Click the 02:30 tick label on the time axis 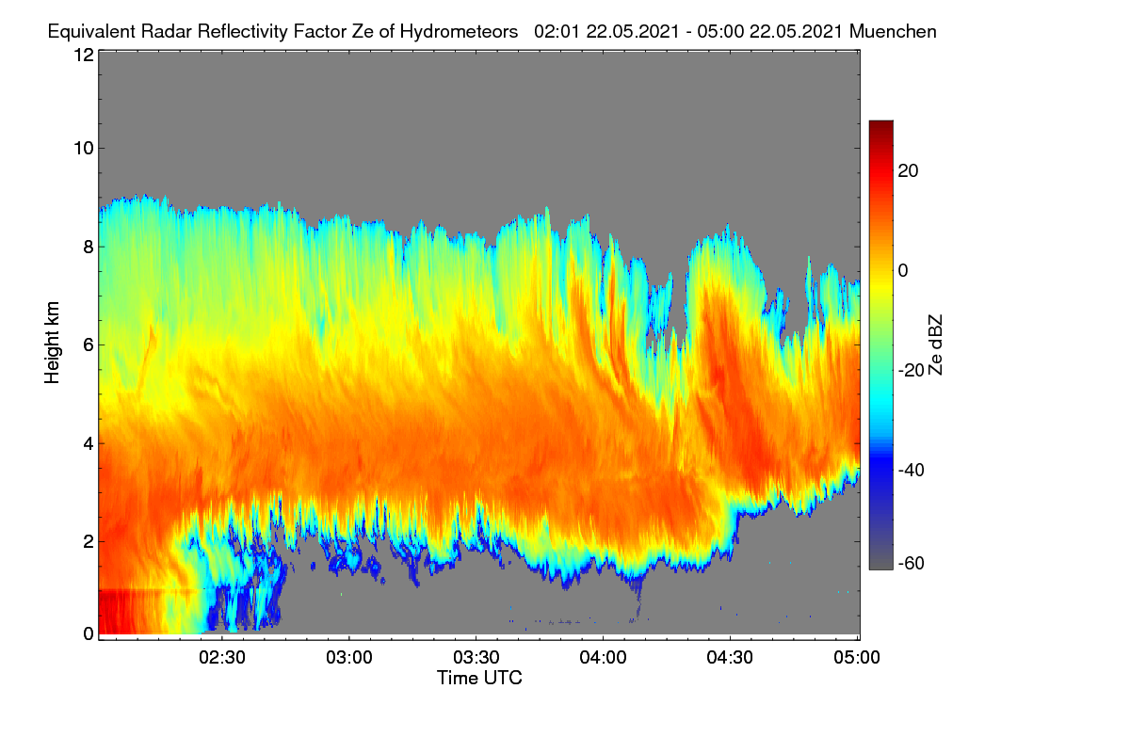click(x=222, y=658)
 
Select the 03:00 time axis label click(x=349, y=658)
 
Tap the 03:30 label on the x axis click(x=476, y=658)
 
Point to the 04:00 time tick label click(x=603, y=658)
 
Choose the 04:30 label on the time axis click(x=730, y=658)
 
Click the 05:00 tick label click(x=857, y=658)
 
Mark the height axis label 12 click(x=84, y=55)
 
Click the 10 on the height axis click(x=84, y=149)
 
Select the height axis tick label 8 click(x=89, y=248)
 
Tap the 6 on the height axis click(x=89, y=345)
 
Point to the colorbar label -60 click(x=912, y=564)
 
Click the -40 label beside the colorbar click(x=912, y=470)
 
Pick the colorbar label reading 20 click(x=908, y=171)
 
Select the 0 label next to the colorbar click(x=903, y=271)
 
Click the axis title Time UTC click(x=479, y=678)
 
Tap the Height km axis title click(x=52, y=343)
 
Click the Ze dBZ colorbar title click(x=935, y=345)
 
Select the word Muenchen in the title click(x=893, y=32)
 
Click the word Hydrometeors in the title click(x=460, y=32)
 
